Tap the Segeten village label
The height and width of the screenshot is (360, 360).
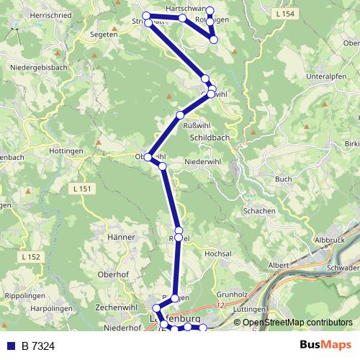[103, 34]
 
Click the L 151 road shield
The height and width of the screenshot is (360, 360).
[84, 189]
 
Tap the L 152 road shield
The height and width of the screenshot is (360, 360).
[32, 256]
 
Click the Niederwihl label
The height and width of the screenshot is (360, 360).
[202, 162]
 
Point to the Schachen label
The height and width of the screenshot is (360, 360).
[259, 210]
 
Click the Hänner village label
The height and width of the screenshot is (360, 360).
[120, 237]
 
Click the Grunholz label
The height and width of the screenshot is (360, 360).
[232, 294]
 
